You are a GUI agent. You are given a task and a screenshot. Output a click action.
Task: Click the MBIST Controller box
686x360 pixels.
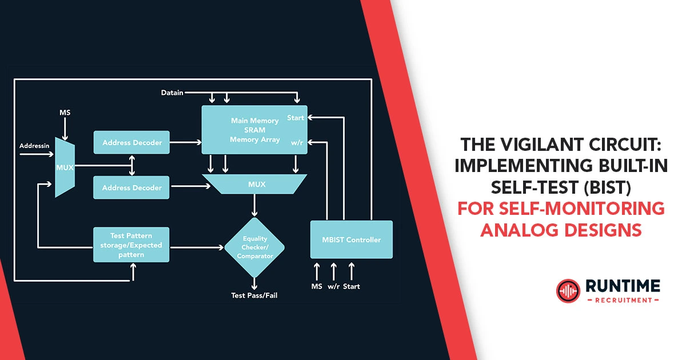coord(351,239)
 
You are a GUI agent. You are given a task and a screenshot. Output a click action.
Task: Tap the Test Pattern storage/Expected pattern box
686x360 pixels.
coord(131,245)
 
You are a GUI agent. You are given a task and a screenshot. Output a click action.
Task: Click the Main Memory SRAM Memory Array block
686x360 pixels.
coord(254,130)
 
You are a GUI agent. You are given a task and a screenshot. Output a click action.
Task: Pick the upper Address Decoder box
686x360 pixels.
coord(131,142)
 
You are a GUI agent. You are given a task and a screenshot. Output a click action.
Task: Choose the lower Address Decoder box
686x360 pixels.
coord(131,187)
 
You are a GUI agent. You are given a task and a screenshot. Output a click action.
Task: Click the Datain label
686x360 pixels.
coord(172,93)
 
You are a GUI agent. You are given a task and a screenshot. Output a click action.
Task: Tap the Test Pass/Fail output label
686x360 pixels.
coord(254,295)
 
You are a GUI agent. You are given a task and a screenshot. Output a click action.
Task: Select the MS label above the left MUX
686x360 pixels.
coord(65,113)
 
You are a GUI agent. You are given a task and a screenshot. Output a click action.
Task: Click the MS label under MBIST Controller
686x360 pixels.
coord(317,286)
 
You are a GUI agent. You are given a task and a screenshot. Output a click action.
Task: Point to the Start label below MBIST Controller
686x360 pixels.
coord(352,286)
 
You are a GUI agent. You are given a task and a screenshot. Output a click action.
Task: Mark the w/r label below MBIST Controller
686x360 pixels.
coord(334,286)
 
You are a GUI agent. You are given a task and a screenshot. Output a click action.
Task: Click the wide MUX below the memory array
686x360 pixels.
coord(254,184)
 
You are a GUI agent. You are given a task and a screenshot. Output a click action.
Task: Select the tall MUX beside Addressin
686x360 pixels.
coord(65,167)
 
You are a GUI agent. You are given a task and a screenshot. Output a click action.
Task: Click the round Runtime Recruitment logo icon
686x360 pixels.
coord(568,290)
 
